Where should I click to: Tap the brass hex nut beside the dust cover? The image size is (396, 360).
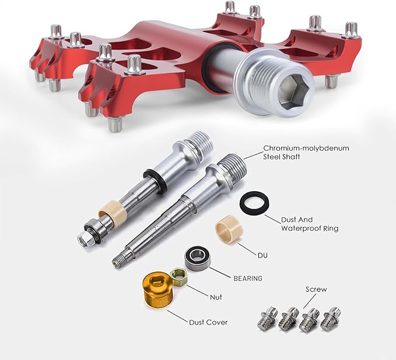179,277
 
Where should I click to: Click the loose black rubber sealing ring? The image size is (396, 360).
254,203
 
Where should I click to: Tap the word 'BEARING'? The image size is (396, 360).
248,278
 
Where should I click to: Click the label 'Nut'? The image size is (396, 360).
216,297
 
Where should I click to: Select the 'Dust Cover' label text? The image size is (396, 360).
208,322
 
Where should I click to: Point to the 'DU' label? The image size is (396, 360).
262,256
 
